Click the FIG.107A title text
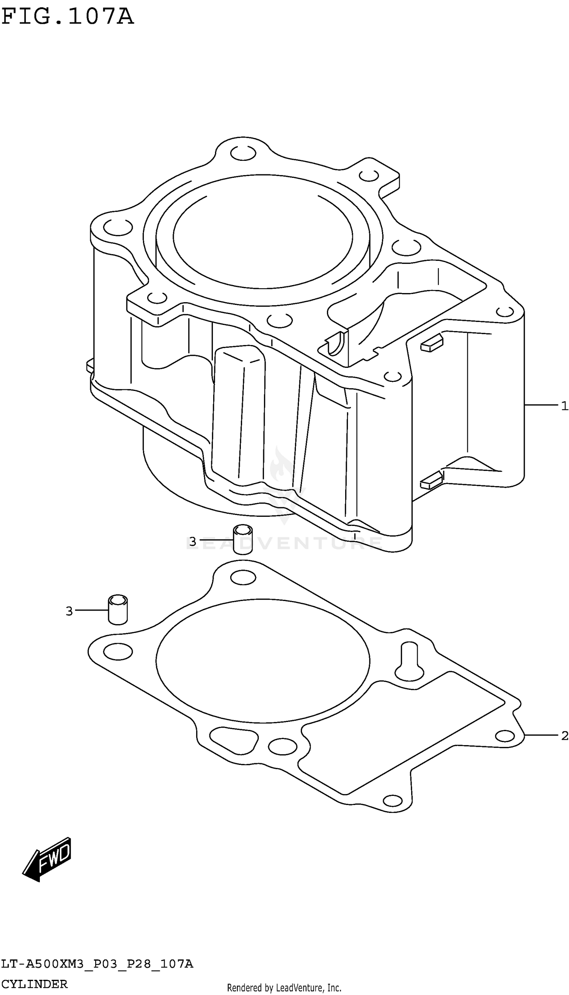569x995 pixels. [67, 17]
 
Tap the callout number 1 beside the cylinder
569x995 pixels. [564, 406]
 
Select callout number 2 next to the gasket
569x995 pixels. [564, 736]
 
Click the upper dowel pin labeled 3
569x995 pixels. [243, 539]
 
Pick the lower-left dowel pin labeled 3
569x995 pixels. [118, 610]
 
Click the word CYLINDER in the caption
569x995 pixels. [34, 984]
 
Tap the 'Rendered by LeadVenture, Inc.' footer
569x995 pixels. [284, 988]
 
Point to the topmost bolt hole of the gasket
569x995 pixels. [243, 578]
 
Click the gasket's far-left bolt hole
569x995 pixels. [118, 651]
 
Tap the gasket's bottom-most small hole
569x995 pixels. [392, 800]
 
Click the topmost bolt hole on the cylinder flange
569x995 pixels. [243, 154]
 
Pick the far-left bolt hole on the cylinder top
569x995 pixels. [118, 227]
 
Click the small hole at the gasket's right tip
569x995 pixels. [505, 736]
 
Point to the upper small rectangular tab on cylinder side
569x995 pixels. [431, 344]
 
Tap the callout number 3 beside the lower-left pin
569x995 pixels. [69, 611]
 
